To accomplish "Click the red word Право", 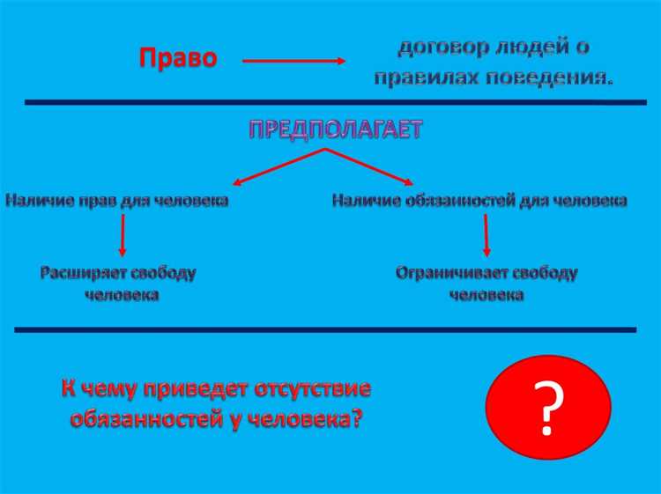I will [177, 59].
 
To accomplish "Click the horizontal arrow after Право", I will [293, 62].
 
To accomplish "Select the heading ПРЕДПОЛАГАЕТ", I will [335, 130].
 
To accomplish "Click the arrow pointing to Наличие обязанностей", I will [370, 167].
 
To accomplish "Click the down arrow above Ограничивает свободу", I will [486, 235].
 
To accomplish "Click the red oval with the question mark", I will [547, 407].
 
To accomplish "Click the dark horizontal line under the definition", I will [335, 103].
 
